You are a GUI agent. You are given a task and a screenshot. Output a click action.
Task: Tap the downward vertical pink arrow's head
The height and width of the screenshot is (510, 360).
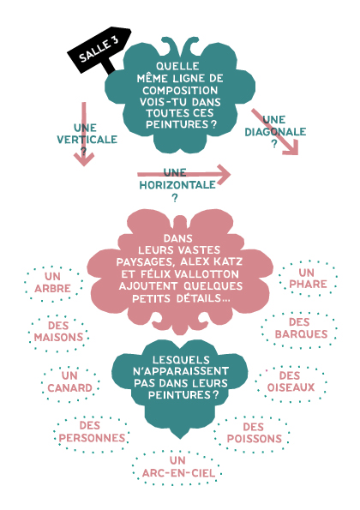(x=84, y=159)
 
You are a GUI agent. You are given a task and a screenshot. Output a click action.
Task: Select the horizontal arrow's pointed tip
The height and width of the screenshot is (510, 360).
(x=231, y=175)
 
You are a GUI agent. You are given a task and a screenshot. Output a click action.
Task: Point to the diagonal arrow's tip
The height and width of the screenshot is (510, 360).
(x=297, y=154)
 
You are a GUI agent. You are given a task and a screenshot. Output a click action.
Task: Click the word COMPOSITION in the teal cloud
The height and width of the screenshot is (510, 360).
(x=180, y=90)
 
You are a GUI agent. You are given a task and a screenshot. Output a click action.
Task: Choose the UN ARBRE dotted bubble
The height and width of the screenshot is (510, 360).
(x=52, y=283)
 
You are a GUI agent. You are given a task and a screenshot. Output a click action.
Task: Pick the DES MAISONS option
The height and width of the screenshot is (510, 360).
(x=58, y=332)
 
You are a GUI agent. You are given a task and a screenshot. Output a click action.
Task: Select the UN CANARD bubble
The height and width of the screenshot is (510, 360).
(x=70, y=381)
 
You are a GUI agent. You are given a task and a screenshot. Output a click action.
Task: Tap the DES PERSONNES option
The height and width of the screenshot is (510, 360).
(x=92, y=432)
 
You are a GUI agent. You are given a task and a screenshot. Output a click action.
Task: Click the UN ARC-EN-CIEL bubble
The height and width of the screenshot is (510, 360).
(x=178, y=467)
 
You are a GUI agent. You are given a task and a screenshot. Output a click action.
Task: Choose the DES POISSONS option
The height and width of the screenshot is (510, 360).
(x=254, y=433)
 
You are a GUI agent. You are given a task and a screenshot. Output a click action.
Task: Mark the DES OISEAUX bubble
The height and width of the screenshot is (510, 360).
(x=291, y=381)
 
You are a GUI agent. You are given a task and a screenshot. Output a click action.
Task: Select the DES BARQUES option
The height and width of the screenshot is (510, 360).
(x=301, y=328)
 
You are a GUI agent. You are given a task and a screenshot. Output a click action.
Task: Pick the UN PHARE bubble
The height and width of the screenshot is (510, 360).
(x=308, y=279)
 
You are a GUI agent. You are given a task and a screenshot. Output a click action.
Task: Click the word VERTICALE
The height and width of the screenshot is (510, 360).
(x=87, y=140)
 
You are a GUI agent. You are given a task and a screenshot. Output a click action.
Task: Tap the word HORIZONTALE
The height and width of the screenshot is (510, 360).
(x=177, y=185)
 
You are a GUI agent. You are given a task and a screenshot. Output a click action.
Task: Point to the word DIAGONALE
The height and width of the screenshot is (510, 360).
(x=275, y=132)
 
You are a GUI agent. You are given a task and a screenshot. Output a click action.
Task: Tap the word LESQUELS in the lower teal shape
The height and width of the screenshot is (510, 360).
(x=181, y=360)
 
